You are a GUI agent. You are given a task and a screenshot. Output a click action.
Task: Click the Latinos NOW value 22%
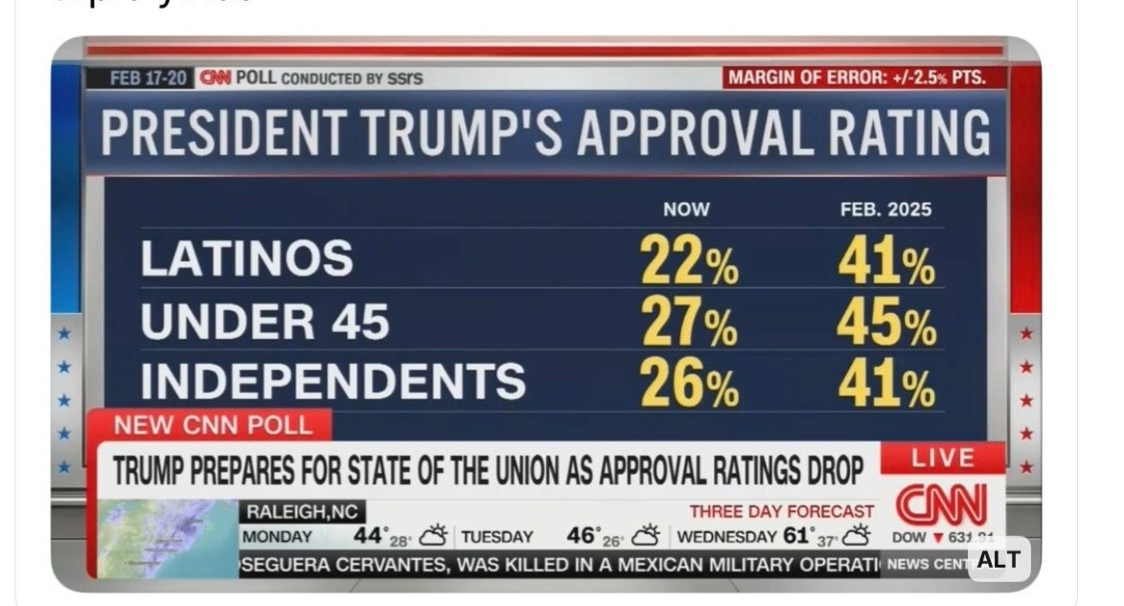688,260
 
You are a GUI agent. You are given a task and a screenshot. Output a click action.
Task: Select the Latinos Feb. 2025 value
886,260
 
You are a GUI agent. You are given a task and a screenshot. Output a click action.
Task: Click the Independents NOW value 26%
689,385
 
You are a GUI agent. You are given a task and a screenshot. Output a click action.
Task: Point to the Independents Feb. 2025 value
886,385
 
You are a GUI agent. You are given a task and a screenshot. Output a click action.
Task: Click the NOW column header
686,210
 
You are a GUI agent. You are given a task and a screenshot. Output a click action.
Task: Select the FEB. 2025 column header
884,210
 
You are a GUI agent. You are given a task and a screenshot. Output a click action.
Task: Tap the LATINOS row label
246,258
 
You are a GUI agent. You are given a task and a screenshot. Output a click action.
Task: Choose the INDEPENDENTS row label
333,381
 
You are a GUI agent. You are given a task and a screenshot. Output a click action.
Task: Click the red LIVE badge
942,458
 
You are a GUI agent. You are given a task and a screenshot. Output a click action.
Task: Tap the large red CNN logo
941,505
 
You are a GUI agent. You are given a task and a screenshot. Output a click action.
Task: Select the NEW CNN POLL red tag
213,424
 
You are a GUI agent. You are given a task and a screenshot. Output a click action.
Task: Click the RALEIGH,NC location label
301,513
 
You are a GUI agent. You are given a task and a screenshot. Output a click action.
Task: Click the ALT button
998,560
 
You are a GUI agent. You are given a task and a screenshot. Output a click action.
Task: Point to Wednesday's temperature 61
796,535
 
